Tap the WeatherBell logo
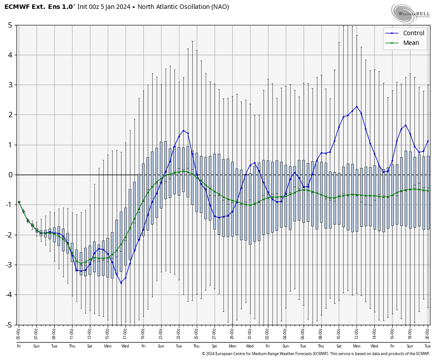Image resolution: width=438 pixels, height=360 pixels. pyautogui.click(x=410, y=13)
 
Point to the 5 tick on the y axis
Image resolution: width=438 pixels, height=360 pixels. pyautogui.click(x=10, y=25)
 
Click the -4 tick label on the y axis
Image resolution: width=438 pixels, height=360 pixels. pyautogui.click(x=8, y=295)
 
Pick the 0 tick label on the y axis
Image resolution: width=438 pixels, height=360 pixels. pyautogui.click(x=10, y=175)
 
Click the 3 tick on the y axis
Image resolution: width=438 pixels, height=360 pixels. pyautogui.click(x=10, y=85)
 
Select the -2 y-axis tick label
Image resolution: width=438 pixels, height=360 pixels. pyautogui.click(x=8, y=235)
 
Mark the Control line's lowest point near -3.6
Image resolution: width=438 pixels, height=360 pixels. pyautogui.click(x=121, y=283)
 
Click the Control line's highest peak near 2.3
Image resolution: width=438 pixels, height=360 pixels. pyautogui.click(x=357, y=106)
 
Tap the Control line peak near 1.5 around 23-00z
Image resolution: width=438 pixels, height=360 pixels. pyautogui.click(x=183, y=131)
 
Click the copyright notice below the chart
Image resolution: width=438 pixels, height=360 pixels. pyautogui.click(x=316, y=354)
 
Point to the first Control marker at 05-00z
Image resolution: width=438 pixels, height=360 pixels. pyautogui.click(x=19, y=202)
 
